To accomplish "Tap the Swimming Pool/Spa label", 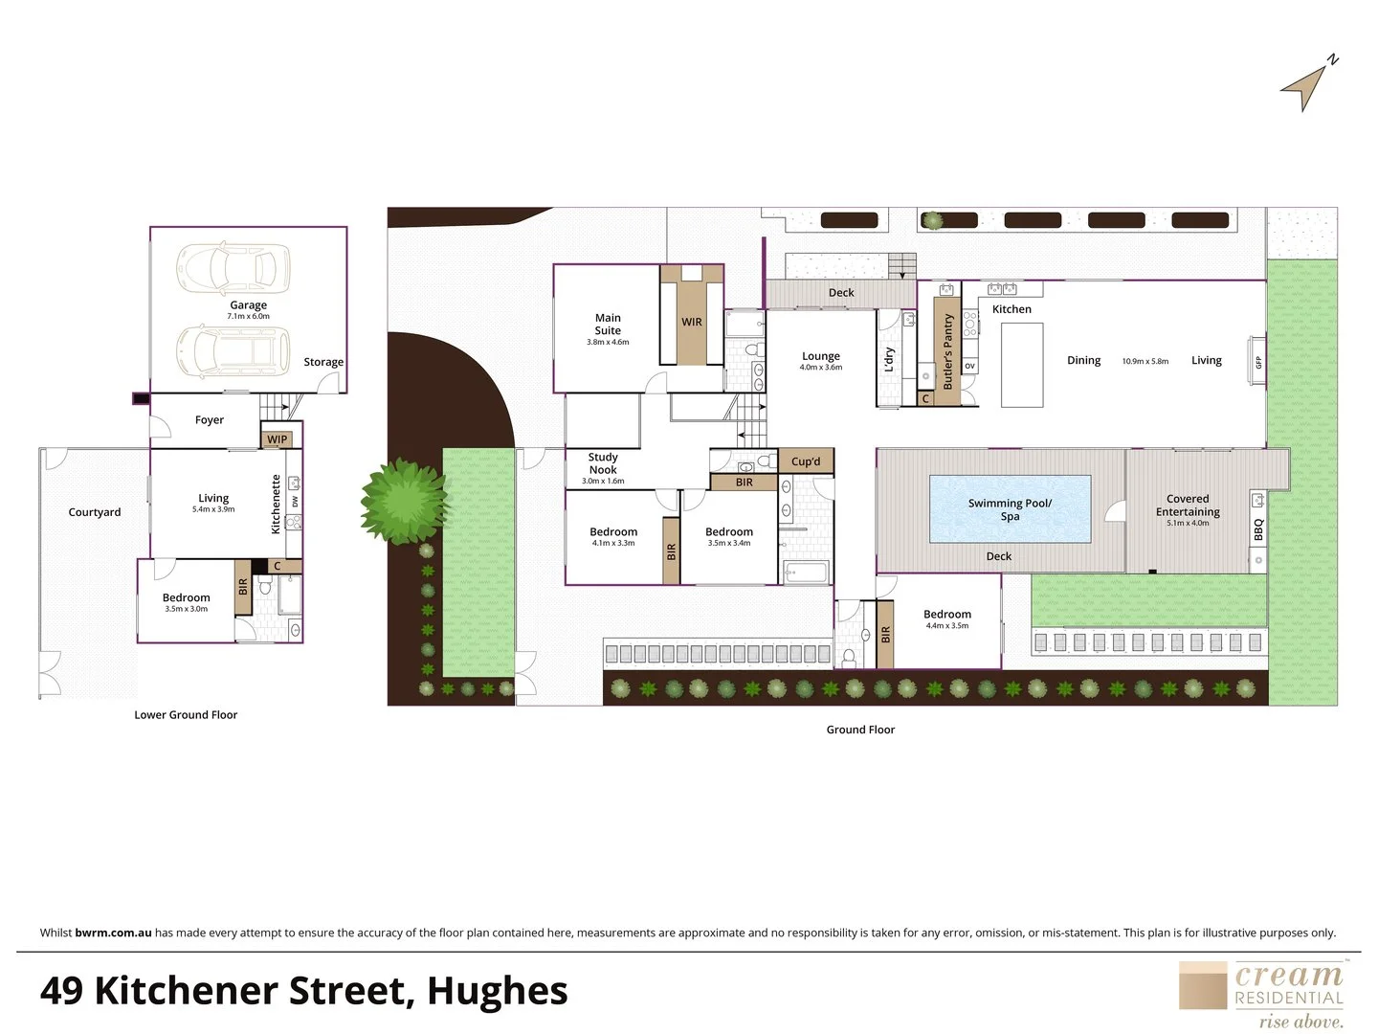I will [x=1010, y=509].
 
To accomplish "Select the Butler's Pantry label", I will [x=948, y=351].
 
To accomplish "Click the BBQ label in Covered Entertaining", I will [x=1258, y=529].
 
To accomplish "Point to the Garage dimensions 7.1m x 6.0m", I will [x=248, y=316].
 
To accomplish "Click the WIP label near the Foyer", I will [x=277, y=439].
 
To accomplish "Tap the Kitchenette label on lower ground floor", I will [x=276, y=505].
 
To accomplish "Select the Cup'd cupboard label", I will [x=806, y=461].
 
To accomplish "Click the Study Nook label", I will [x=603, y=463].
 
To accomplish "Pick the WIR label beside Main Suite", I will [x=691, y=322].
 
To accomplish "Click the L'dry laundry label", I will [x=889, y=359].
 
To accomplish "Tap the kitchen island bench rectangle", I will [x=1022, y=365].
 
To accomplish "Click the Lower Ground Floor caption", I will [x=186, y=714].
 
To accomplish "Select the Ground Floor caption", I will [x=860, y=730].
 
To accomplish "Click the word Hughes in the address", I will [x=497, y=991].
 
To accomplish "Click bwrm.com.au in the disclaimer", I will [x=113, y=933].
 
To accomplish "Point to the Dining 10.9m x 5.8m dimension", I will [x=1145, y=361].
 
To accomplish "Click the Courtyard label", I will [x=95, y=512].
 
